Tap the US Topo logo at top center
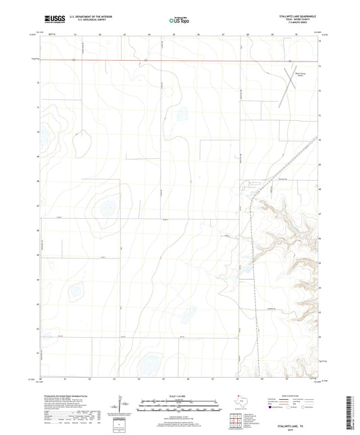tap(179, 20)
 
